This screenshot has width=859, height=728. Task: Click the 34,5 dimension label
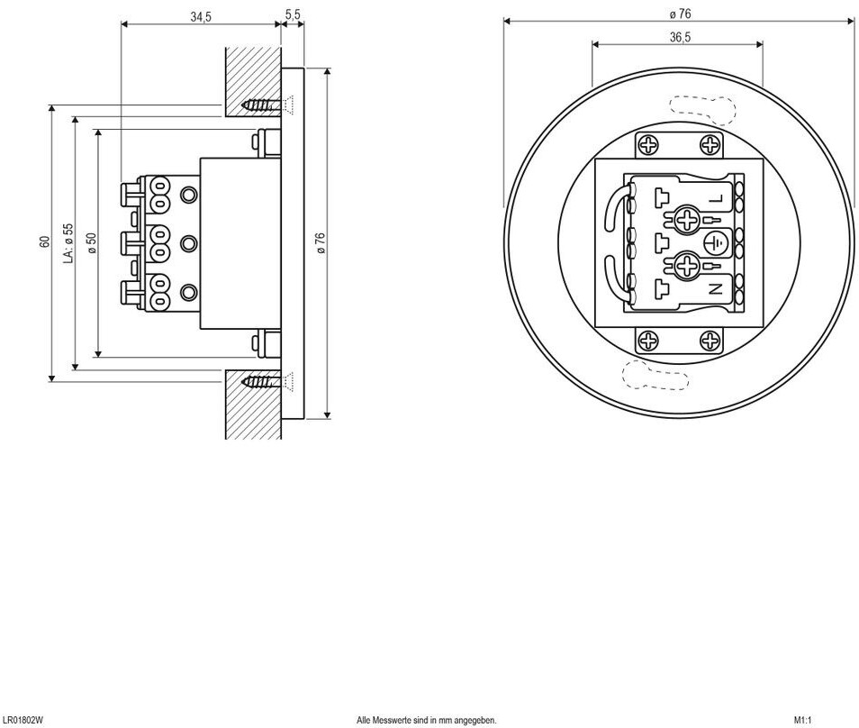(x=201, y=17)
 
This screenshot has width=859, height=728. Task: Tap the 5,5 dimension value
(x=294, y=14)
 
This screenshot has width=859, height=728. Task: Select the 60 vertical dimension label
(x=44, y=241)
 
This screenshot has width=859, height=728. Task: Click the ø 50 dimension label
(x=92, y=243)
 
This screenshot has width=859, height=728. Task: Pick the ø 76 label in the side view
(x=321, y=243)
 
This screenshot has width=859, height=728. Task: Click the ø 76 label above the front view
(x=681, y=14)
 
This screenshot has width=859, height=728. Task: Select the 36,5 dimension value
(x=680, y=37)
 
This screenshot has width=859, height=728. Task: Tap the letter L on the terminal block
(x=717, y=199)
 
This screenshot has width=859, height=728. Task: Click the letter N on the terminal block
(x=716, y=289)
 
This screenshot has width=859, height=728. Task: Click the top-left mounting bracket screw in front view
(x=648, y=145)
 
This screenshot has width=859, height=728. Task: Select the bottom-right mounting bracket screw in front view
(x=710, y=341)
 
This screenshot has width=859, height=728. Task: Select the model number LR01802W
(x=23, y=720)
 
